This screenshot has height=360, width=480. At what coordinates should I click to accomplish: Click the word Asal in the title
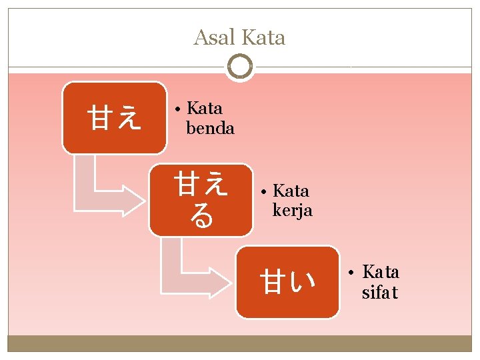pyautogui.click(x=215, y=37)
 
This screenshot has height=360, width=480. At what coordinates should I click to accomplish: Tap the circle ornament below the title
pyautogui.click(x=239, y=67)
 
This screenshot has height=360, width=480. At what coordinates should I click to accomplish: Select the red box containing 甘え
pyautogui.click(x=114, y=118)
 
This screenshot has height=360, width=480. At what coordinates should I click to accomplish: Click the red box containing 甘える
pyautogui.click(x=201, y=200)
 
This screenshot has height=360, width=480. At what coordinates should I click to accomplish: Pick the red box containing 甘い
pyautogui.click(x=287, y=282)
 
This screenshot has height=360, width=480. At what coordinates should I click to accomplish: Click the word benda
pyautogui.click(x=210, y=128)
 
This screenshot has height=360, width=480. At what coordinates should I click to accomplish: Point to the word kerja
pyautogui.click(x=293, y=211)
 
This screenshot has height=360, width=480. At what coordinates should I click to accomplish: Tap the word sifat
pyautogui.click(x=380, y=293)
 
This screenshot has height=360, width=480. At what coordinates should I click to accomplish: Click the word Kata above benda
pyautogui.click(x=205, y=108)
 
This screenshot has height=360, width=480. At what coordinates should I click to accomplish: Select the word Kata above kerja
pyautogui.click(x=291, y=191)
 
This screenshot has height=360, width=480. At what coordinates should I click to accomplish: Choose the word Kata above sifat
pyautogui.click(x=381, y=272)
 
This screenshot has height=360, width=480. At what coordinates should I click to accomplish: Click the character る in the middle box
pyautogui.click(x=201, y=216)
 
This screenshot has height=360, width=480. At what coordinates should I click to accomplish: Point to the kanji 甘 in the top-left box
pyautogui.click(x=101, y=119)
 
